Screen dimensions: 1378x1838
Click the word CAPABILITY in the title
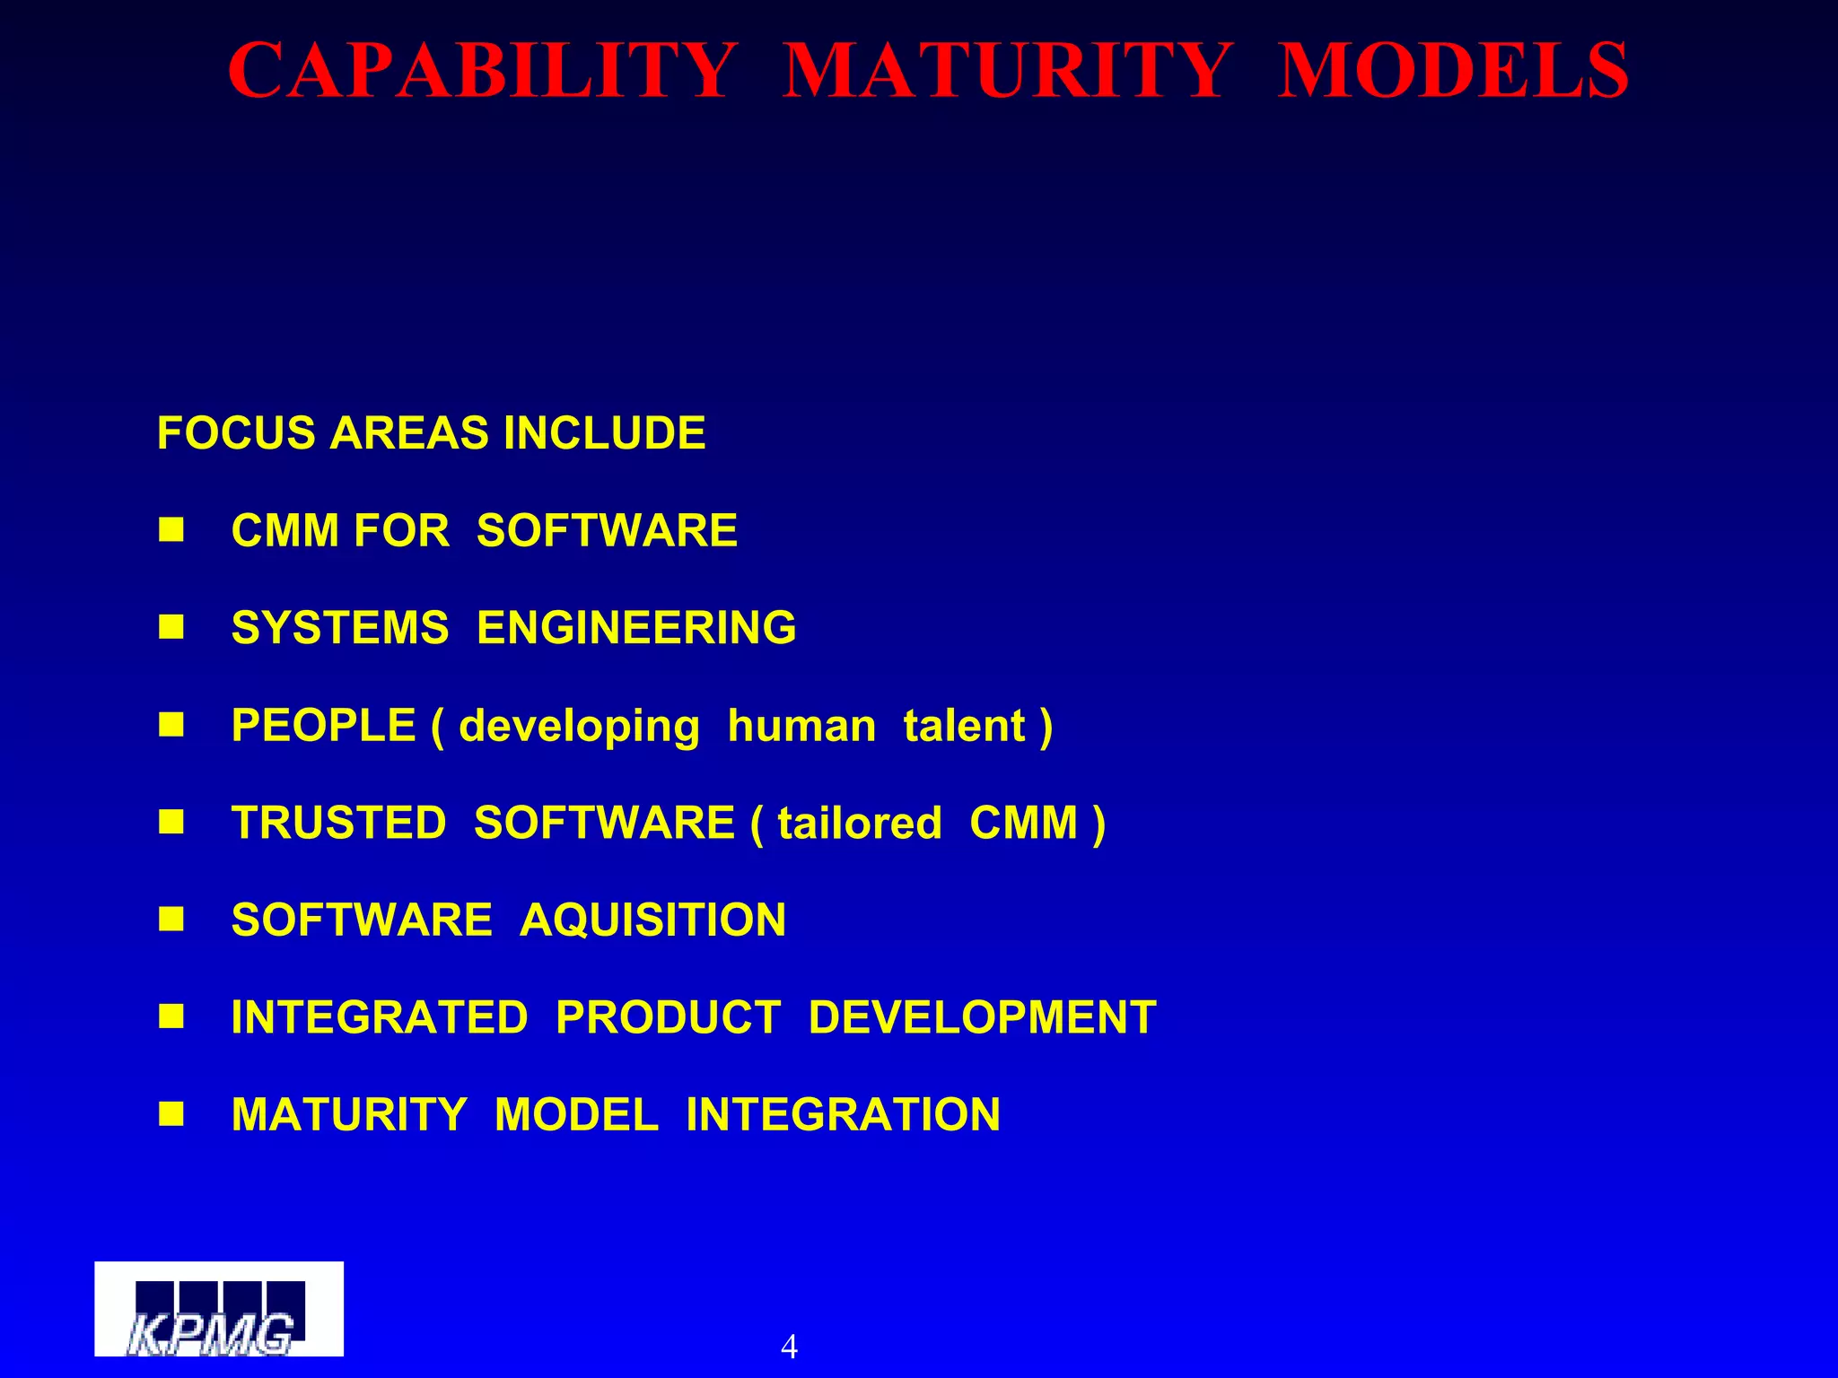pos(483,71)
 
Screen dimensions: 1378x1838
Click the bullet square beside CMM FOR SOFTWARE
pos(171,530)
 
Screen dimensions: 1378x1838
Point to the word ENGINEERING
pos(636,627)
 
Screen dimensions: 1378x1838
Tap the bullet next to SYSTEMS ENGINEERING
pos(171,627)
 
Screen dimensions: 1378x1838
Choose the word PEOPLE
pos(324,725)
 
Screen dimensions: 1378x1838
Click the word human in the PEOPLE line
pos(801,726)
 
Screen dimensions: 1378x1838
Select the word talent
pos(964,726)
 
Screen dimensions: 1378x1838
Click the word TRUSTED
pos(338,823)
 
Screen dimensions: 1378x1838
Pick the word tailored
pos(860,824)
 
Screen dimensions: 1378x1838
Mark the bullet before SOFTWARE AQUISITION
pos(171,920)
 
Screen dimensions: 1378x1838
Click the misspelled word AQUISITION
pos(652,920)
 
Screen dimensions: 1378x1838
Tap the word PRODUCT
pos(669,1017)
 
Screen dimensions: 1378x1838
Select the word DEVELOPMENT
pos(982,1017)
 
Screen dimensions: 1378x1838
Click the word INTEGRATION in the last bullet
pos(843,1115)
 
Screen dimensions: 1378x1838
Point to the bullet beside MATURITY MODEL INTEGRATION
pos(171,1115)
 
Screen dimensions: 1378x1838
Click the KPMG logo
pos(219,1309)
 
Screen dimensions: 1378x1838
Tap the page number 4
pos(789,1347)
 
